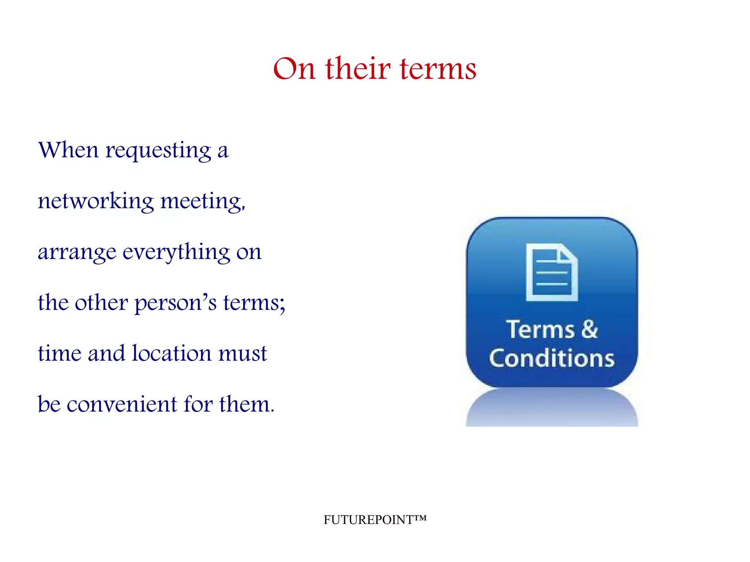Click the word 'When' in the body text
click(68, 150)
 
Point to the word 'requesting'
click(158, 151)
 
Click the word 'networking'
click(96, 201)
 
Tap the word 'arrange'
click(77, 253)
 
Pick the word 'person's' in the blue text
click(176, 303)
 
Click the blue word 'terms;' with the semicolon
click(254, 303)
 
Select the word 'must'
click(243, 354)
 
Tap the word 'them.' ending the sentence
click(246, 404)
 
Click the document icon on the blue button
click(552, 272)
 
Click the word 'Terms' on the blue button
click(540, 330)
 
